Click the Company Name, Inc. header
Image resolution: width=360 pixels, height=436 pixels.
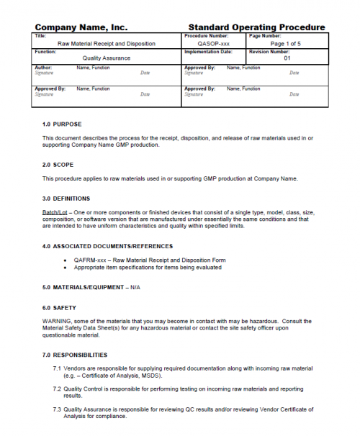[81, 27]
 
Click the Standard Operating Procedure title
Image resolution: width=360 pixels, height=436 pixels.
[256, 27]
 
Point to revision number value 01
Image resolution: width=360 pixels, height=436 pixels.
[287, 58]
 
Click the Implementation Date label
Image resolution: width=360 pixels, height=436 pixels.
[208, 52]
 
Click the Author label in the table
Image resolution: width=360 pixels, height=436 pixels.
[44, 68]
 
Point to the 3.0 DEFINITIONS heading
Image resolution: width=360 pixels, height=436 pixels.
[66, 198]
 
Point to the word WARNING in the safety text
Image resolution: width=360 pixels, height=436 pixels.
[56, 322]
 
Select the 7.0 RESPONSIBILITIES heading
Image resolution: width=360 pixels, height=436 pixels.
[75, 355]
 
